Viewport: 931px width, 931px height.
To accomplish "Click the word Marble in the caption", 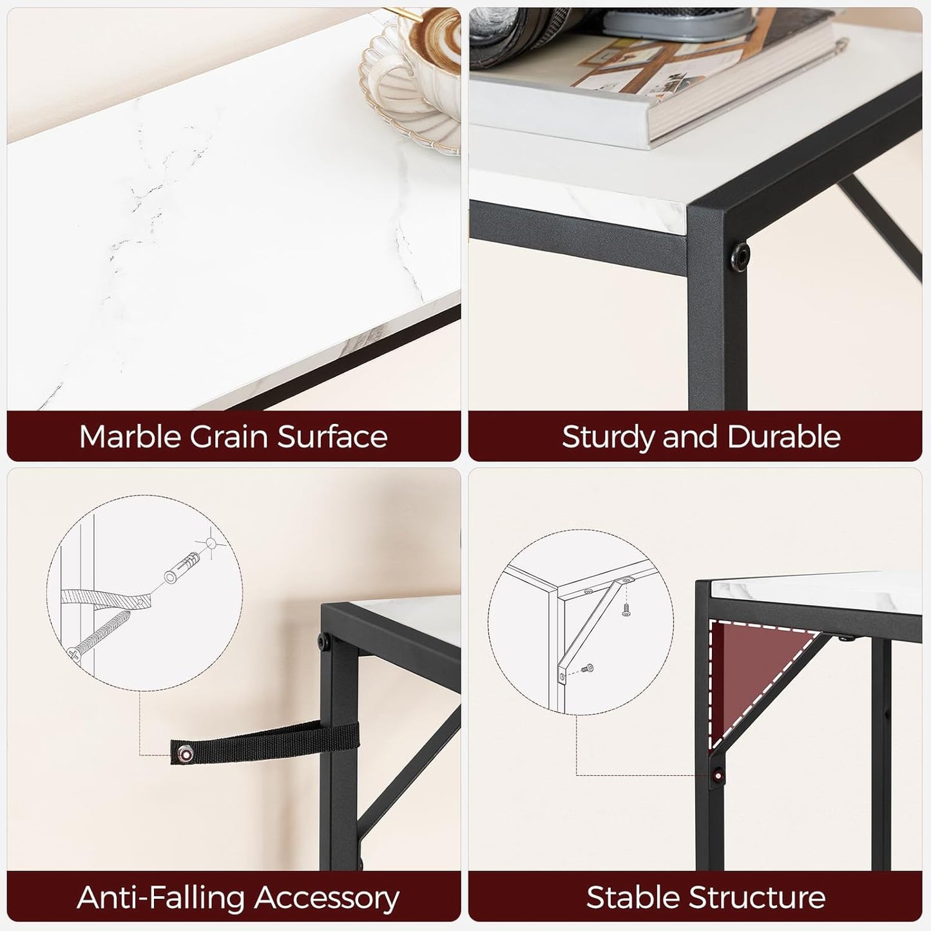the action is pos(130,436).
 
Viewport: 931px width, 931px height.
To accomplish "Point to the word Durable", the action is pos(783,437).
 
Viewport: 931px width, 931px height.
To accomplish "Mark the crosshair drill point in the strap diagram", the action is pos(211,544).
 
